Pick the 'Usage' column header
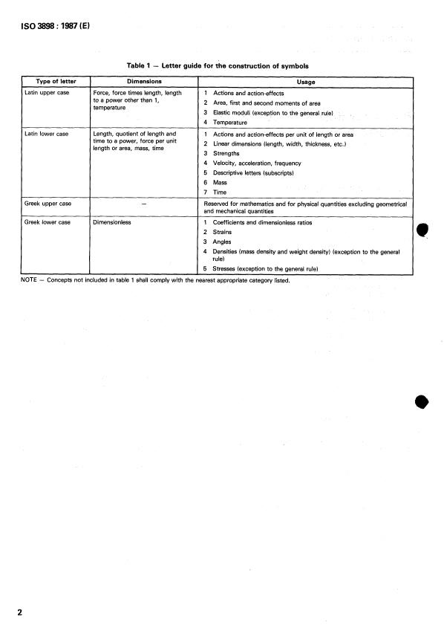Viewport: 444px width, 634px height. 306,81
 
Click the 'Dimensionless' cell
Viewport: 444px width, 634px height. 111,221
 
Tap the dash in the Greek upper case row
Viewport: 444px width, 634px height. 143,203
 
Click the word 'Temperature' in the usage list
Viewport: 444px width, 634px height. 230,122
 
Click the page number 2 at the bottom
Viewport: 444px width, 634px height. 19,612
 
